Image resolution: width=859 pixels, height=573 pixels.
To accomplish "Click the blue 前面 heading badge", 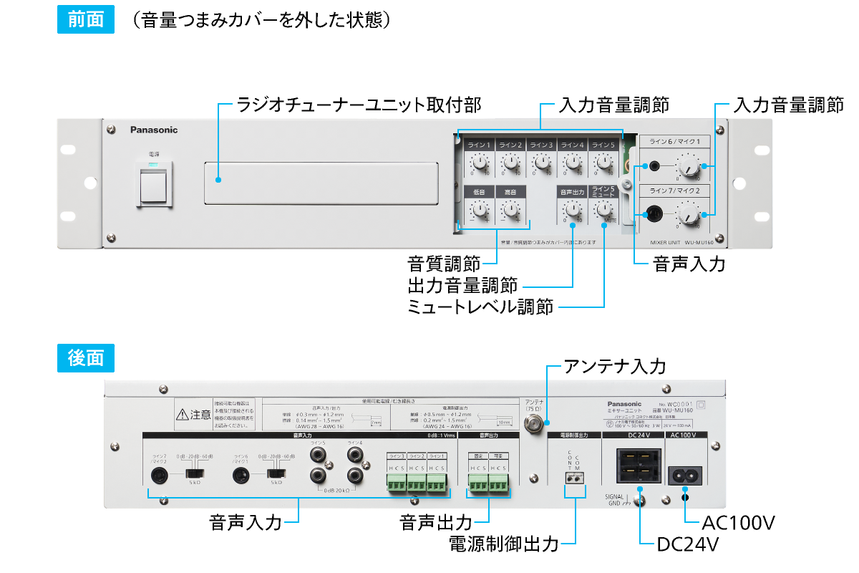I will coord(85,20).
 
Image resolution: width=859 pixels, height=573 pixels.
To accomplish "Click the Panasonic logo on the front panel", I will coord(154,130).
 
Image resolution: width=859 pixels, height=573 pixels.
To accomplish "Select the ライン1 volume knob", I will coord(479,165).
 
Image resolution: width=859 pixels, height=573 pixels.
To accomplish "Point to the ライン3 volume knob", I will coord(541,165).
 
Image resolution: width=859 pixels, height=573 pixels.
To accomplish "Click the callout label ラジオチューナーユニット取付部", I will coord(359,105).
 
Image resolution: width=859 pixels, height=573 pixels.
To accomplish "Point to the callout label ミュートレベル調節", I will coord(480,308).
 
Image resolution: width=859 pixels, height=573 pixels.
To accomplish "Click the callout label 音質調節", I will coord(444,262).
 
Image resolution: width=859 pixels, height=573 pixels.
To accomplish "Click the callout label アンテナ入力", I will coord(615,367).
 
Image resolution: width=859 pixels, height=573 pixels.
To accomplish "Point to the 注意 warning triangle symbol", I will coord(183,414).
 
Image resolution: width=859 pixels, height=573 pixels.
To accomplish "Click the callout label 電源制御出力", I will coord(503,544).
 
